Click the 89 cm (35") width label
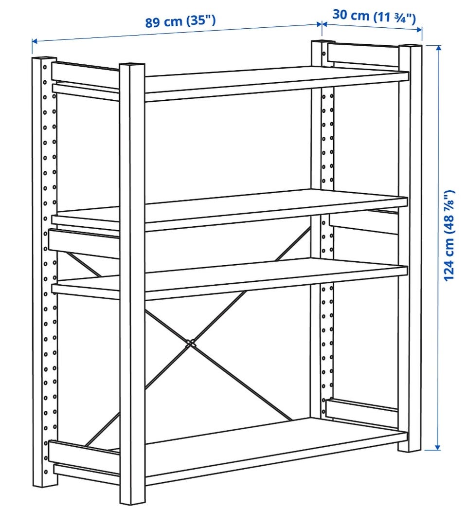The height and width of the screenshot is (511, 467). tap(180, 21)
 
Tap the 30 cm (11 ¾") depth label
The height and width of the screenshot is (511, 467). tap(374, 16)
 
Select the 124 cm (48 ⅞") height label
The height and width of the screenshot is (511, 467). tap(449, 235)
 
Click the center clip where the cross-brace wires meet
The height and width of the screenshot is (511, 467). tap(191, 343)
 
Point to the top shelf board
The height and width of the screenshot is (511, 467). tap(277, 84)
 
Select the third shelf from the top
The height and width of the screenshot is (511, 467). tap(230, 278)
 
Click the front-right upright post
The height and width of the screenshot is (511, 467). tap(410, 248)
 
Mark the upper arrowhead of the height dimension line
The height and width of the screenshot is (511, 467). tap(438, 49)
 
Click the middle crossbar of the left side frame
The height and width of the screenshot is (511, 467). tap(84, 243)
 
